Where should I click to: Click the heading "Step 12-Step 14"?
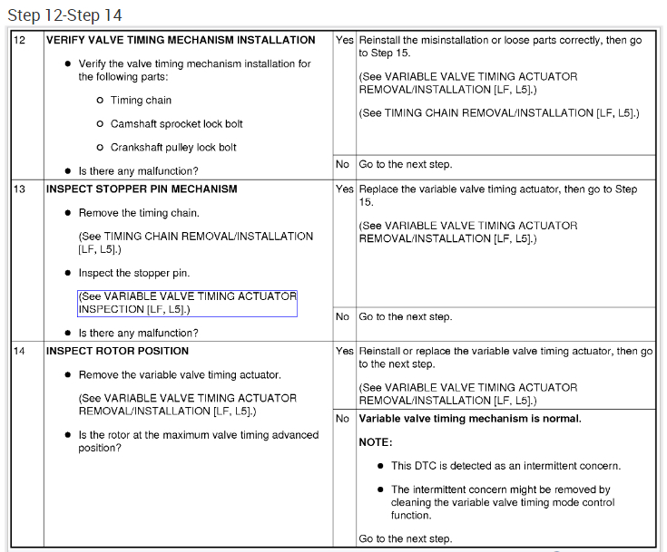[x=64, y=15]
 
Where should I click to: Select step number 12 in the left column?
[x=19, y=41]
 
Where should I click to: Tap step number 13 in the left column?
[x=19, y=189]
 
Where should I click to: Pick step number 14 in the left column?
[x=19, y=351]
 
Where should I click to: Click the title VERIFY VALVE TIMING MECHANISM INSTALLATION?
[x=181, y=41]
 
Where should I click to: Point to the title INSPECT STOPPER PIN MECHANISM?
[x=142, y=189]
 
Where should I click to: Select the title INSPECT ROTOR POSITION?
[x=117, y=351]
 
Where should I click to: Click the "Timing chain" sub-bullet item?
[x=141, y=101]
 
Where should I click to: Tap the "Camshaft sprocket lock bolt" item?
[x=176, y=124]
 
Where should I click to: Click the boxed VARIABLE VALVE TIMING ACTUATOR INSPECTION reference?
[x=187, y=303]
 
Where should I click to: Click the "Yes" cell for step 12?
[x=345, y=41]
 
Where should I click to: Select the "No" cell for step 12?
[x=343, y=165]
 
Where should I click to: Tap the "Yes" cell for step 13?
[x=345, y=189]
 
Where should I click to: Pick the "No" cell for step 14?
[x=343, y=419]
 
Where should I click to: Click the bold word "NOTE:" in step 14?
[x=375, y=442]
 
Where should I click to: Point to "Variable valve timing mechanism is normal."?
[x=470, y=419]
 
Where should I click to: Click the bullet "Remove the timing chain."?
[x=139, y=213]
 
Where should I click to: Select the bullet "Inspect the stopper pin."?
[x=133, y=273]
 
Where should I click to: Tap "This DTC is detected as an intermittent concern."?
[x=505, y=466]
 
